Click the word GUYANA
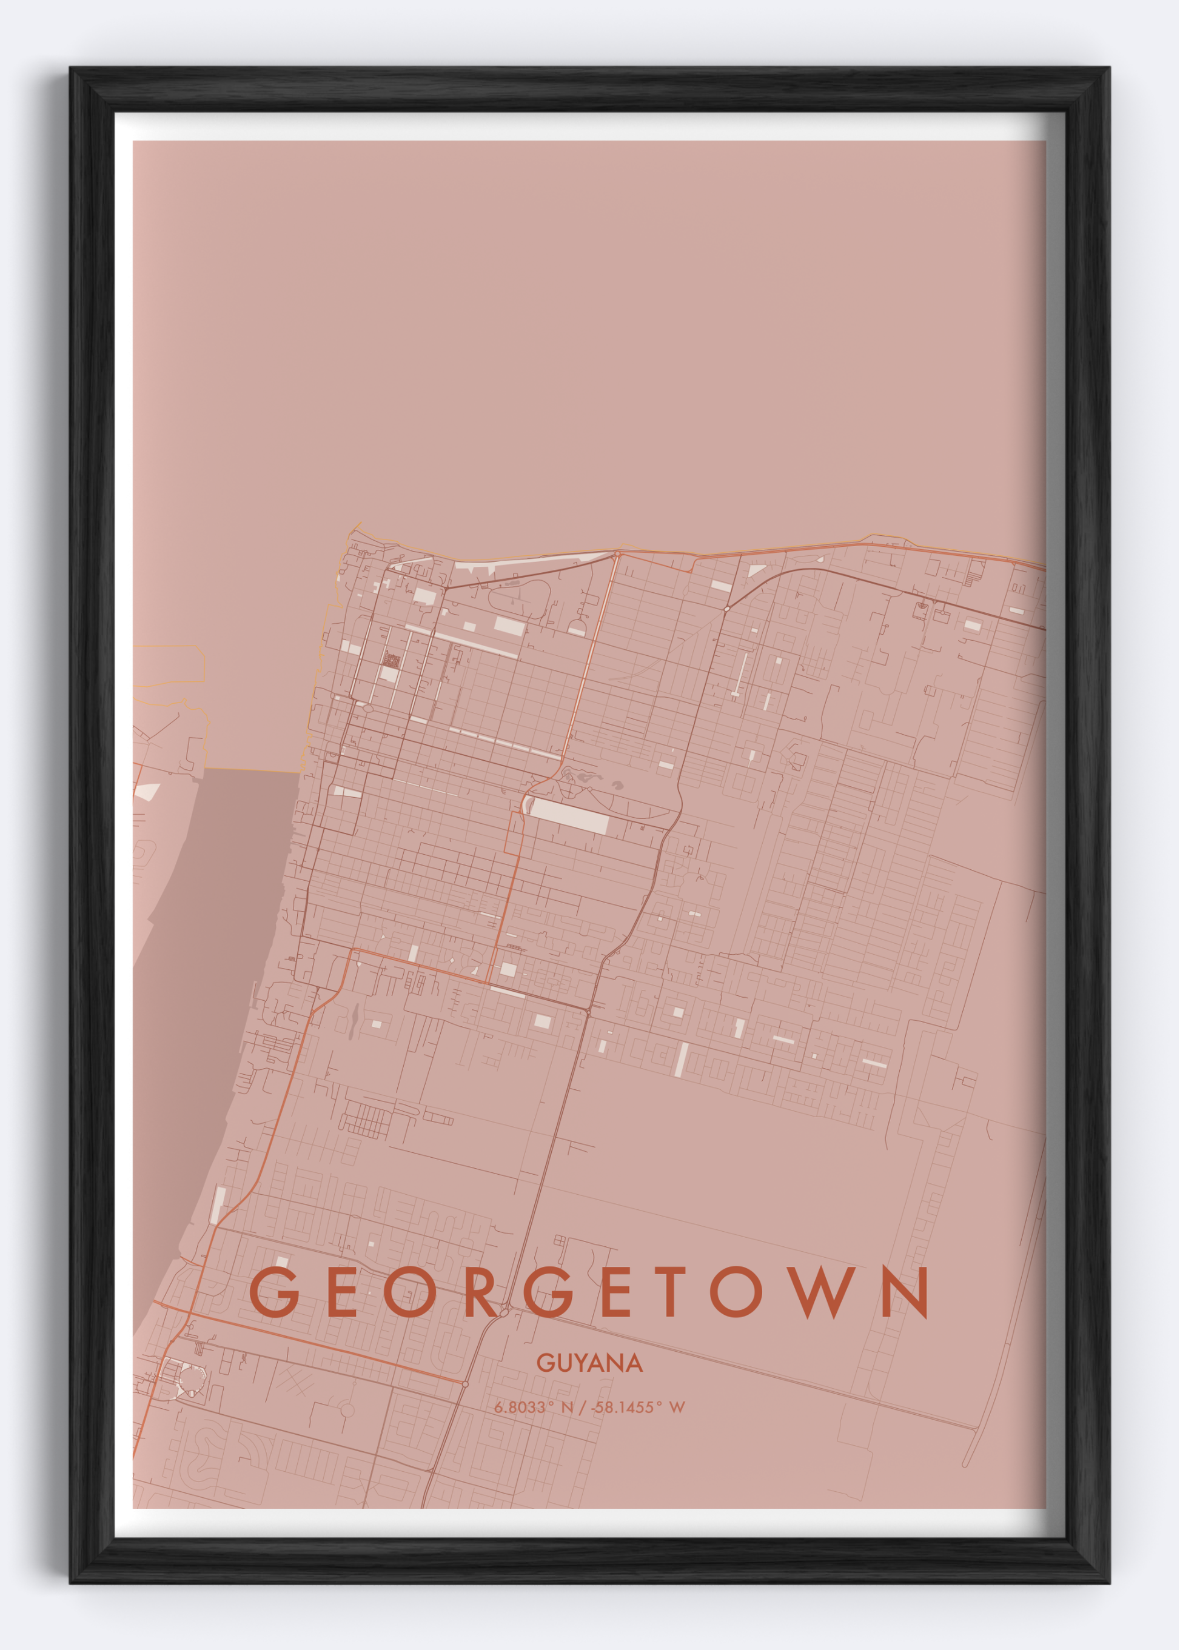point(589,1363)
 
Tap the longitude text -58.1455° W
point(638,1408)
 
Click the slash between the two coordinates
point(582,1408)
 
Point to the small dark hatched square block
point(392,661)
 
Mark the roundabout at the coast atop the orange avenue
point(617,555)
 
